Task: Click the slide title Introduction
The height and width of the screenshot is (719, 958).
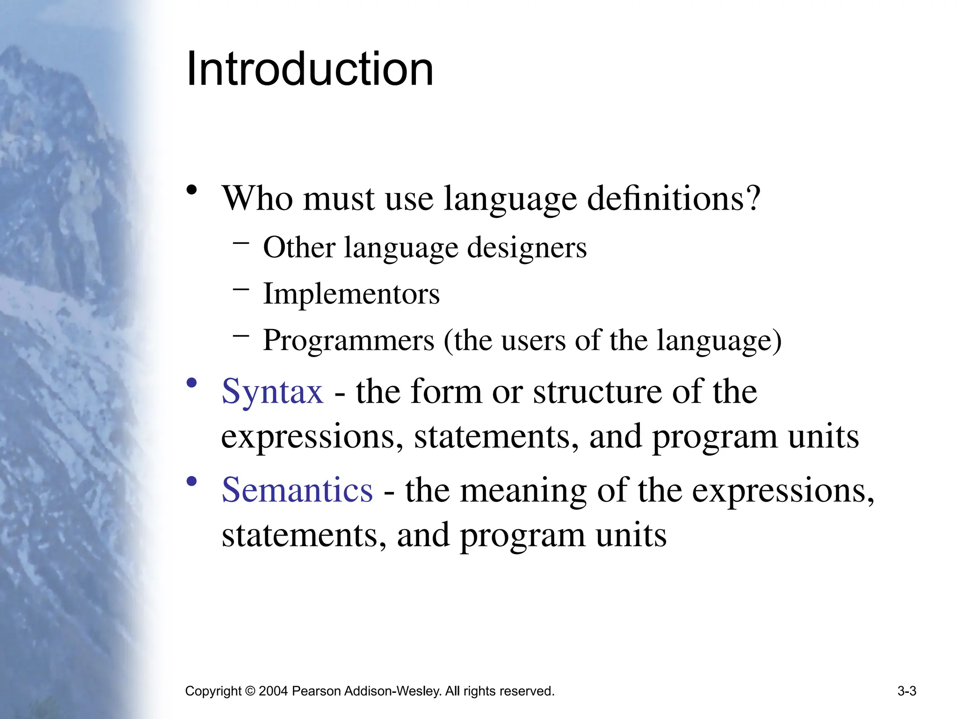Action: click(310, 69)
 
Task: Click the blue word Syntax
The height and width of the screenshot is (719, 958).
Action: click(272, 391)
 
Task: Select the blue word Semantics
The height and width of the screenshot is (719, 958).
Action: click(297, 490)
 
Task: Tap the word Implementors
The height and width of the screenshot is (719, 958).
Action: click(351, 294)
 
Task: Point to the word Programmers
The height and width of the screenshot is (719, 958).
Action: click(348, 340)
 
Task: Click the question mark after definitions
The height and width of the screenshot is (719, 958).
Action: click(753, 198)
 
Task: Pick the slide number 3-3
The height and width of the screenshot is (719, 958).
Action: click(907, 691)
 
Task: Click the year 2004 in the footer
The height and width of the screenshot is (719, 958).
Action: click(273, 691)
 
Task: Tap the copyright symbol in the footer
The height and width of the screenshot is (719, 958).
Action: click(250, 691)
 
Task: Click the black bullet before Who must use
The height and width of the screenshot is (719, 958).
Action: click(191, 191)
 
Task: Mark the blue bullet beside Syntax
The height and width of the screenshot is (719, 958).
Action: click(191, 383)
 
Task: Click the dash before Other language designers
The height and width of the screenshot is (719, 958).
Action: click(241, 242)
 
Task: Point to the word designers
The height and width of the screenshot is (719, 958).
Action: click(527, 248)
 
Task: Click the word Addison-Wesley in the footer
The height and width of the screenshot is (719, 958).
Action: click(392, 691)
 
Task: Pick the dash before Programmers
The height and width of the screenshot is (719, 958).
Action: click(241, 335)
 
